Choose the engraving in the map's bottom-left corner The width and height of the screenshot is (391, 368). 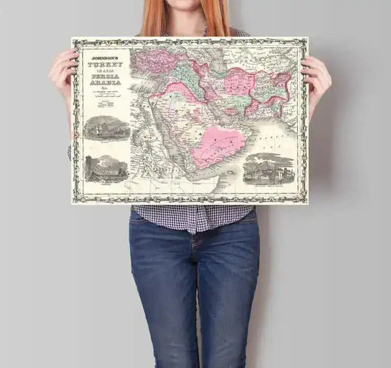(x=106, y=169)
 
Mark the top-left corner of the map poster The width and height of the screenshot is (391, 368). (x=73, y=39)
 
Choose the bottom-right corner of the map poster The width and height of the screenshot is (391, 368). (x=307, y=203)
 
